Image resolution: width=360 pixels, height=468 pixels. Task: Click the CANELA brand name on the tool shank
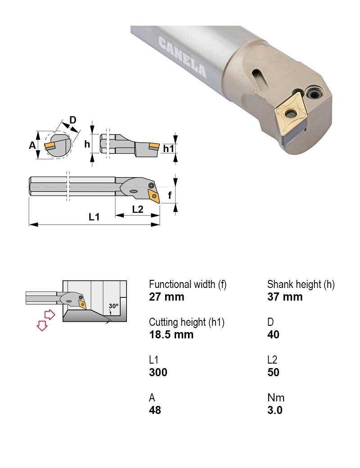182,57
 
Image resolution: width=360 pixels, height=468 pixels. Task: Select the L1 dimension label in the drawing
94,217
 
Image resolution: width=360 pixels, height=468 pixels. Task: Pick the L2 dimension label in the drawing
138,209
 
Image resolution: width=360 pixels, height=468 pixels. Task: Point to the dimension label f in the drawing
169,195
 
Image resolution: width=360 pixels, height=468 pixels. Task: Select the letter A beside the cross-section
32,145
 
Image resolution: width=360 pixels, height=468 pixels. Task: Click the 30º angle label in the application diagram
113,306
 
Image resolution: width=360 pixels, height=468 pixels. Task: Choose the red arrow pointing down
42,325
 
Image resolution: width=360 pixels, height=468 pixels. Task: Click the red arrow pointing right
49,314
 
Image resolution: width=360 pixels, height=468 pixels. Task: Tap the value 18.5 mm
171,334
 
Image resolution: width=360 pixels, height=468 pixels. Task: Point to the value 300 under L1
158,372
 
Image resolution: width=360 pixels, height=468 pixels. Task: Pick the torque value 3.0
274,410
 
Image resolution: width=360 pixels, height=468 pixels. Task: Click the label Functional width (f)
187,284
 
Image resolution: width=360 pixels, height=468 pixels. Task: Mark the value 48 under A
155,410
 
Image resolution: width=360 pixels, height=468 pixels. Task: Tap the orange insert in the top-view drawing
155,196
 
